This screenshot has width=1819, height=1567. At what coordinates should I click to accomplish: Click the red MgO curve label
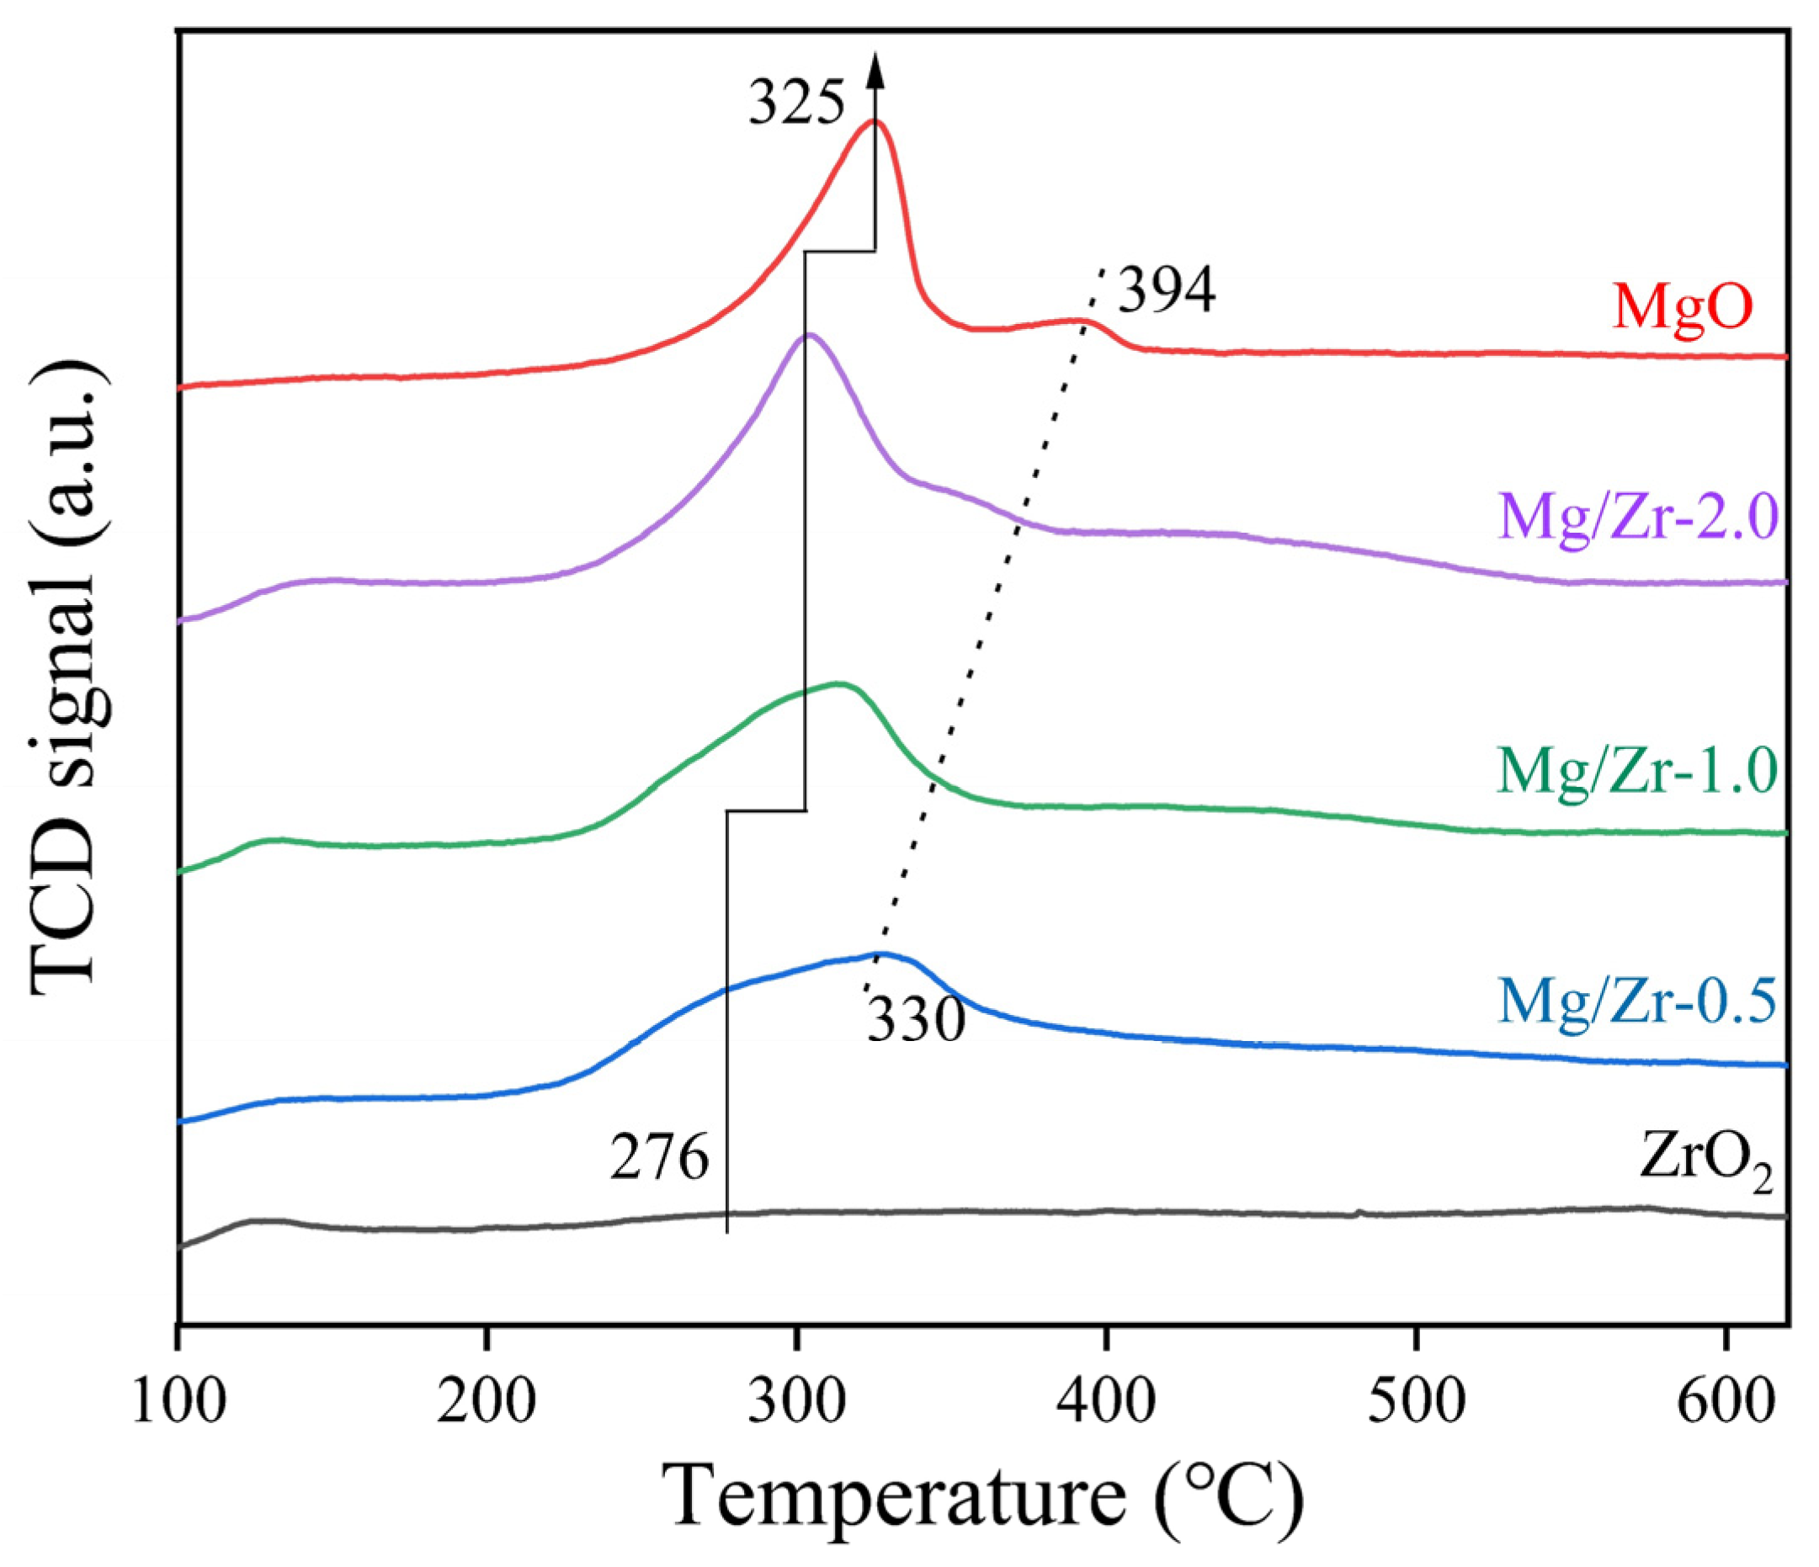click(1681, 306)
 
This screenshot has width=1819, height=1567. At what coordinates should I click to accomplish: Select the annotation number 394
click(1167, 291)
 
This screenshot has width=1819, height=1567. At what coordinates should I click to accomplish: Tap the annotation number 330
click(916, 1021)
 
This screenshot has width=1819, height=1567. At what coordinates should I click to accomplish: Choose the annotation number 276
click(659, 1159)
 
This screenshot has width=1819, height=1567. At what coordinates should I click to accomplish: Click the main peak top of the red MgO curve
click(875, 121)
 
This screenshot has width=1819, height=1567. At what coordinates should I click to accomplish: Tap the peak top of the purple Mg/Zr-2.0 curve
click(809, 334)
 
